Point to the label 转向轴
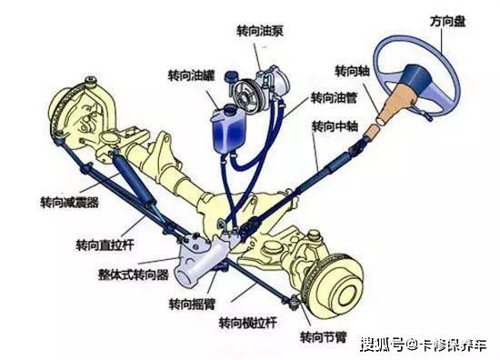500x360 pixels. [350, 70]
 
